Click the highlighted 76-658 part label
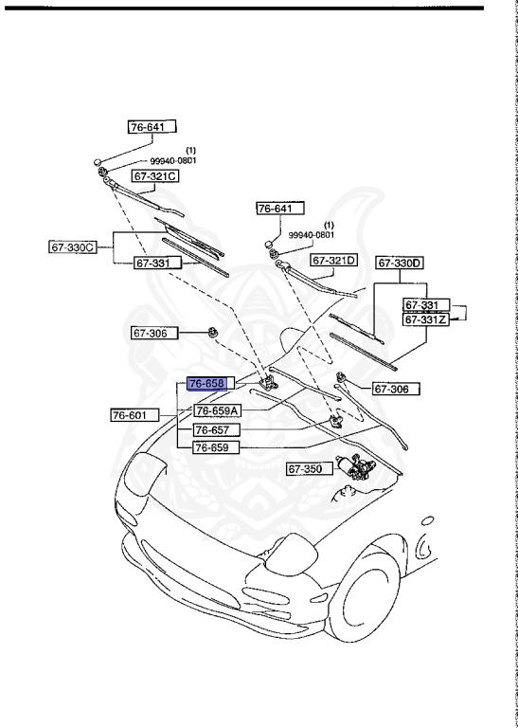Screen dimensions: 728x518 pyautogui.click(x=205, y=384)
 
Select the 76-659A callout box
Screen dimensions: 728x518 pyautogui.click(x=218, y=410)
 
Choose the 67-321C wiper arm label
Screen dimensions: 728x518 pyautogui.click(x=155, y=176)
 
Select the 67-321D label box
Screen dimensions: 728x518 pyautogui.click(x=334, y=260)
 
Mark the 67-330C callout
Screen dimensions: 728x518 pyautogui.click(x=74, y=247)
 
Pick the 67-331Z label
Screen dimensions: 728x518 pyautogui.click(x=425, y=320)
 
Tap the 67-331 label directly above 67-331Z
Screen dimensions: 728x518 pyautogui.click(x=422, y=305)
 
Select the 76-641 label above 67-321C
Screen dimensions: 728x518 pyautogui.click(x=153, y=125)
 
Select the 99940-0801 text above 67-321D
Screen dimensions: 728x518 pyautogui.click(x=312, y=235)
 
